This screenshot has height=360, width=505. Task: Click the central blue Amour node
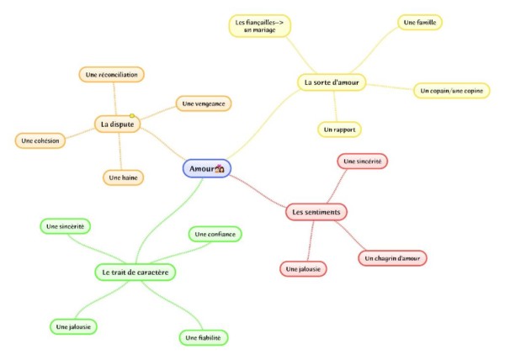coord(207,168)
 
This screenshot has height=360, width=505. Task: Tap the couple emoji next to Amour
coord(220,168)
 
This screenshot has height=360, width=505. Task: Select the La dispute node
coord(117,124)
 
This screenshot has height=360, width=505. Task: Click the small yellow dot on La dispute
coord(132,115)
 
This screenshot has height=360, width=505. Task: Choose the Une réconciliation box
coord(111,75)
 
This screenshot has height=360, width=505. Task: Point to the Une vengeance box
coord(204,103)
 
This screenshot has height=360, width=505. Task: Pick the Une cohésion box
coord(40,140)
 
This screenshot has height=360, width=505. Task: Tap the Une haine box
coord(123,177)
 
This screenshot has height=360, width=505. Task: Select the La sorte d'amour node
coord(332,82)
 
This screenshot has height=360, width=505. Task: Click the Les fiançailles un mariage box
coord(259,26)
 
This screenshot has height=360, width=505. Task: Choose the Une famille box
coord(420,23)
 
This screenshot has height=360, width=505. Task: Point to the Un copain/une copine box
coord(451,91)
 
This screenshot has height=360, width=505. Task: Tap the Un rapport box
coord(339,130)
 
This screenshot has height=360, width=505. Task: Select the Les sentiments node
coord(316,212)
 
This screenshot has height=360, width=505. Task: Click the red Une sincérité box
coord(362,161)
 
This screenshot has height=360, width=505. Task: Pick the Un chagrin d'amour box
coord(392,258)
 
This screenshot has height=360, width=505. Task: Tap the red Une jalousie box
coord(303,269)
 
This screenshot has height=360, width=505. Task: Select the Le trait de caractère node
coord(136,273)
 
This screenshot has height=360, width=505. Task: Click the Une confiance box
coord(215,234)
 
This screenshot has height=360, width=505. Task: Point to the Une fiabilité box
coord(203,338)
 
